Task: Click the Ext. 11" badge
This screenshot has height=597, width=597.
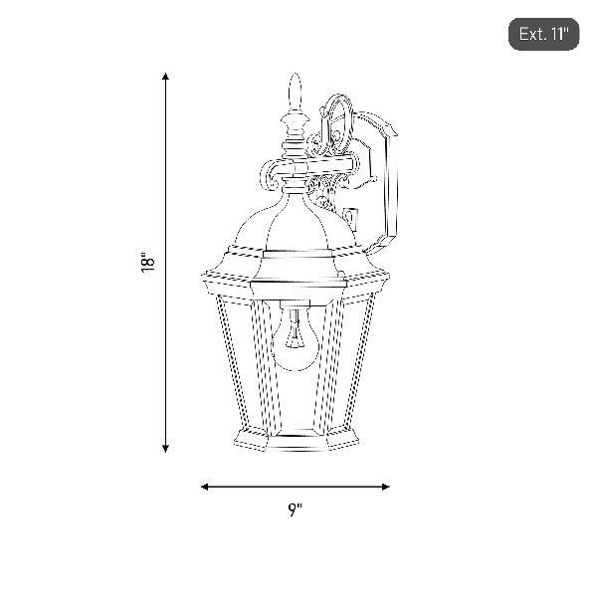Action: (x=543, y=34)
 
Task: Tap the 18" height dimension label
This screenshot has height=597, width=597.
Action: (x=147, y=262)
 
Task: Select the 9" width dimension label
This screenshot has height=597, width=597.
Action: (x=295, y=509)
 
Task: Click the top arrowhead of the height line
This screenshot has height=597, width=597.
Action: (x=165, y=76)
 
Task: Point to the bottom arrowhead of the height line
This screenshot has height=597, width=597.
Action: (x=165, y=449)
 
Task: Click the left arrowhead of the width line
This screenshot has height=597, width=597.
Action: (x=205, y=487)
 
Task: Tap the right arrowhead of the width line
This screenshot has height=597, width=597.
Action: (x=385, y=487)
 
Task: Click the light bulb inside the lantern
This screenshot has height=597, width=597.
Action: (x=295, y=339)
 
